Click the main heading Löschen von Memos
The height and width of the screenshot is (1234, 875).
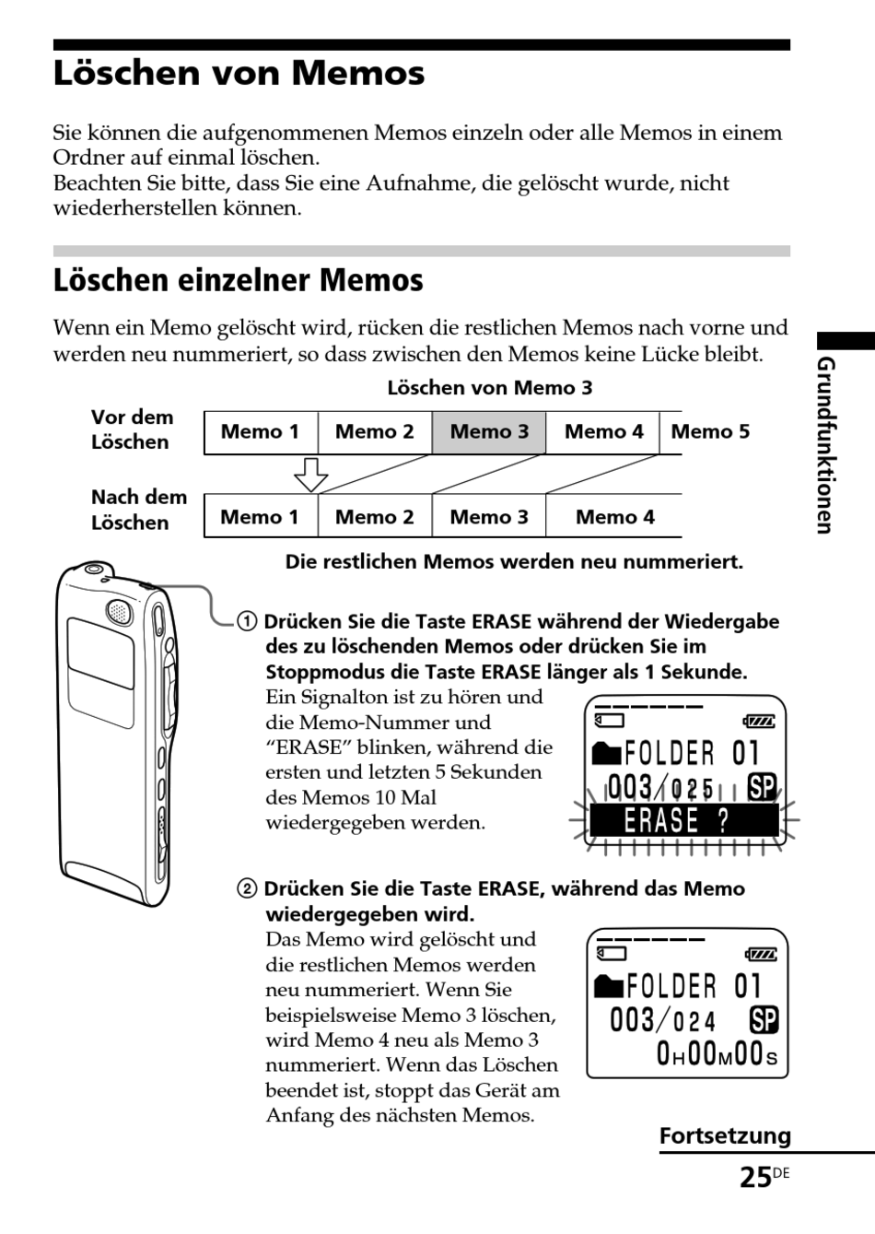click(239, 74)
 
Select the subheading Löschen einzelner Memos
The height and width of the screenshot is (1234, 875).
click(238, 280)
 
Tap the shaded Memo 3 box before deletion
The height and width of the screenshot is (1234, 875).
click(489, 432)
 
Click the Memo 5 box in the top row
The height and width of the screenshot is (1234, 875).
click(710, 431)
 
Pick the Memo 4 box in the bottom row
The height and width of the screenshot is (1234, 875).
click(614, 517)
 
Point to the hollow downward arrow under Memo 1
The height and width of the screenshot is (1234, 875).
click(310, 474)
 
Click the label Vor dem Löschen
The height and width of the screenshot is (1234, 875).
click(131, 429)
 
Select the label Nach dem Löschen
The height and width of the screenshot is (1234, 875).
click(138, 510)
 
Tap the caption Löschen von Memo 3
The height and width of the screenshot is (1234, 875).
click(489, 388)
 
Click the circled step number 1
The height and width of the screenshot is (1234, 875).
click(247, 622)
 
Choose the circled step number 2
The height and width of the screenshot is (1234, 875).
click(247, 889)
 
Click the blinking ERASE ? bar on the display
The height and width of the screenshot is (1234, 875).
click(682, 820)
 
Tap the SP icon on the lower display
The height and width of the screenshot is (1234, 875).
click(764, 1020)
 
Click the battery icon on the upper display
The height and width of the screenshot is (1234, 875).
click(759, 722)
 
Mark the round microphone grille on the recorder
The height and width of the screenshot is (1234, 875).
click(118, 609)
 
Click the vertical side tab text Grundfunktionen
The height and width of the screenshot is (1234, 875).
click(826, 445)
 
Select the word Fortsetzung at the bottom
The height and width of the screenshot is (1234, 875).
click(725, 1136)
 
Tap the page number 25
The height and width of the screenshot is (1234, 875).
click(754, 1178)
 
